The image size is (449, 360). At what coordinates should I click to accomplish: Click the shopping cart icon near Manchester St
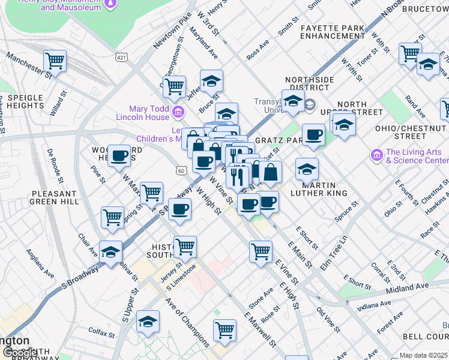55,60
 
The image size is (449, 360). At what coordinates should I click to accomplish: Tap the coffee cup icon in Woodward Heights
119,156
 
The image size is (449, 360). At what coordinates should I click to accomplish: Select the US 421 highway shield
122,58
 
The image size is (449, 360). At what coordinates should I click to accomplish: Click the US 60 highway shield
181,172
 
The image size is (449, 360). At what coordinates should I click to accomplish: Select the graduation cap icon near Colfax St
148,322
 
